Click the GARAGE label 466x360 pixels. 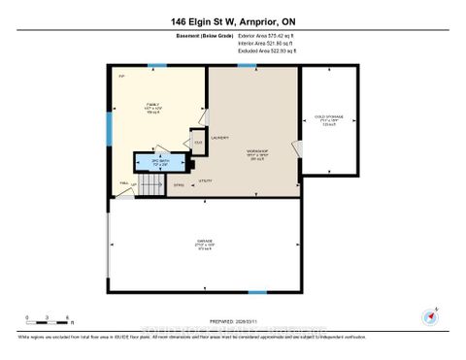205,243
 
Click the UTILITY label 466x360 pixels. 206,180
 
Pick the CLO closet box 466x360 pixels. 197,144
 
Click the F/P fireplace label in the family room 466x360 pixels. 121,77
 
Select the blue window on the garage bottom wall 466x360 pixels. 257,292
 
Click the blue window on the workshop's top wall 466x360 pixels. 248,65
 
